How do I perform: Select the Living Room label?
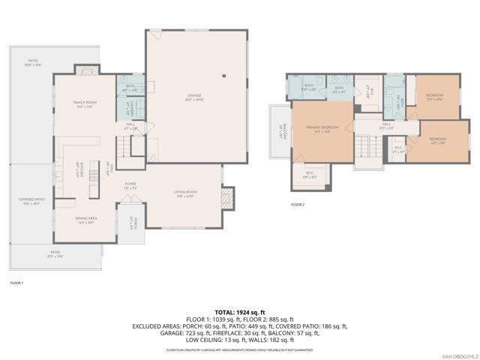185,194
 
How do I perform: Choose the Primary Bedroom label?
322,129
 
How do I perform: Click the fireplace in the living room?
228,198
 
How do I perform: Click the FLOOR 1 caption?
16,283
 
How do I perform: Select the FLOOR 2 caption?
298,204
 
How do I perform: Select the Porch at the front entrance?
131,222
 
